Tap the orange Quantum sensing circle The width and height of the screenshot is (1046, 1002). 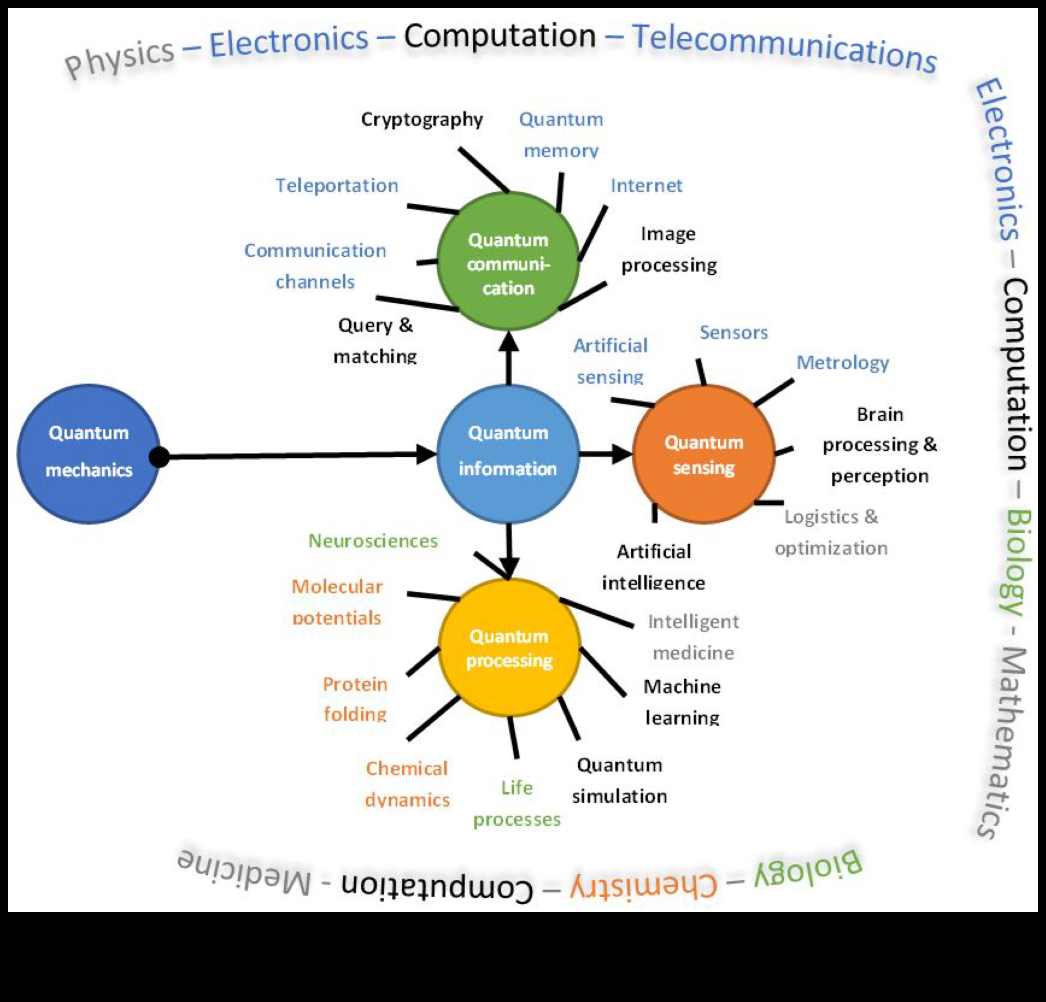pyautogui.click(x=703, y=454)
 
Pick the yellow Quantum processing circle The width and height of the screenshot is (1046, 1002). pyautogui.click(x=509, y=647)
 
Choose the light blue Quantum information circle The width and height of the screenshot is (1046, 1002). pyautogui.click(x=508, y=454)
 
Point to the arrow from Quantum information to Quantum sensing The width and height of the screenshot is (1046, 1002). pyautogui.click(x=606, y=454)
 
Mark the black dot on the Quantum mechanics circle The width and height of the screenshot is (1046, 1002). pyautogui.click(x=159, y=457)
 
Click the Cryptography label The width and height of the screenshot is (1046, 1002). pyautogui.click(x=422, y=119)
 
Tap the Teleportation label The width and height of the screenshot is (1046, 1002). pyautogui.click(x=337, y=186)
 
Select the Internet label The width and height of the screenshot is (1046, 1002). pyautogui.click(x=646, y=186)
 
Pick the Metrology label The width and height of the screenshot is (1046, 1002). pyautogui.click(x=843, y=363)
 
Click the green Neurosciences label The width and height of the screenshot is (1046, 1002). pyautogui.click(x=373, y=541)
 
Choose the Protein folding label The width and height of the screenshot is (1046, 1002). pyautogui.click(x=355, y=699)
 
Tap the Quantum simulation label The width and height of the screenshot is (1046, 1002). pyautogui.click(x=619, y=781)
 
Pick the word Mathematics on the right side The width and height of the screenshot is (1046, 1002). pyautogui.click(x=1003, y=742)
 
